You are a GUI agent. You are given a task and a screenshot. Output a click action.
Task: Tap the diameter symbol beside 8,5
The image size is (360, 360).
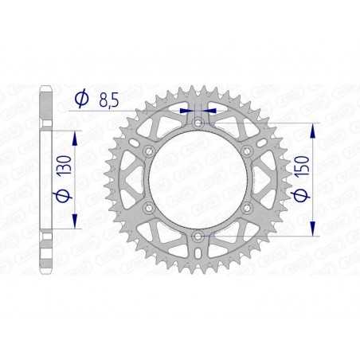coord(81,100)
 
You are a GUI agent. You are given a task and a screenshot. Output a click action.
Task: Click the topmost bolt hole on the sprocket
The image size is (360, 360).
coord(198,123)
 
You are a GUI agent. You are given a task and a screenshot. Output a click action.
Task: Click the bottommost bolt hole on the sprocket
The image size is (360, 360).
coord(198,237)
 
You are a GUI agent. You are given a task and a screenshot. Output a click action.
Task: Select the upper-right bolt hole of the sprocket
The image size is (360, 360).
coord(247,151)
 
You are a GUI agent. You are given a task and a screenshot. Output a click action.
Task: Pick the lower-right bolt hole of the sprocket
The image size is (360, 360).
coord(247,208)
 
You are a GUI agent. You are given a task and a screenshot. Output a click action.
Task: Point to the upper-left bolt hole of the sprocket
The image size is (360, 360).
coord(148,151)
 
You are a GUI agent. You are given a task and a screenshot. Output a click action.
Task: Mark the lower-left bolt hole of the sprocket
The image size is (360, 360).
coord(148,208)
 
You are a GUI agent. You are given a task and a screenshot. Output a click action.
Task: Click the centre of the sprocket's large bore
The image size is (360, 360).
coord(198,180)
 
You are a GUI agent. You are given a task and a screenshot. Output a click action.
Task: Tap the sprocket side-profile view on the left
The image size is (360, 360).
coord(46,180)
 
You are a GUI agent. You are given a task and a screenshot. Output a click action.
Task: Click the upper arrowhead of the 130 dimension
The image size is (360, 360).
coord(74,134)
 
